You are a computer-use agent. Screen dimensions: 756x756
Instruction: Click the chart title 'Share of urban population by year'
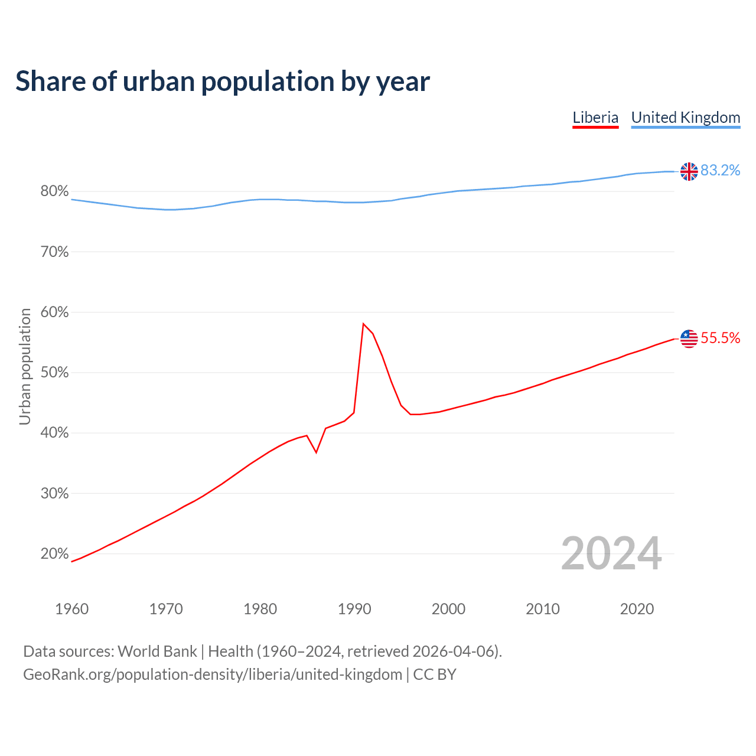point(223,82)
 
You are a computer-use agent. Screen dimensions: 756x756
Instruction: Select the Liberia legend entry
point(595,118)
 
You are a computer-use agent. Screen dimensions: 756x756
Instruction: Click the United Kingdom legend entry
point(686,118)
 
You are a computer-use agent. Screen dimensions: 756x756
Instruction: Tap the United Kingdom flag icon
point(689,171)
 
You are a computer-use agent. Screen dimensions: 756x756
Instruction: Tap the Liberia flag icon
point(689,338)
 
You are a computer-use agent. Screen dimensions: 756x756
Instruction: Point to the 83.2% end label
point(721,171)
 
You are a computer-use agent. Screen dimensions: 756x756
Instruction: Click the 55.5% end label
point(721,338)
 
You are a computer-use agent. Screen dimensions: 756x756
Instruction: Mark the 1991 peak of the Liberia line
point(363,324)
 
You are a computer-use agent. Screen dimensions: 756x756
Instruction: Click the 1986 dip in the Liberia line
point(317,452)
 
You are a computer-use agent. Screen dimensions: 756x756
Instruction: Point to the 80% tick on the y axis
point(54,191)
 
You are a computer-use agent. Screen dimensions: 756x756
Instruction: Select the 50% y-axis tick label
point(54,373)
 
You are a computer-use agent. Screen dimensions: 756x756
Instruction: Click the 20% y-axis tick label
point(54,554)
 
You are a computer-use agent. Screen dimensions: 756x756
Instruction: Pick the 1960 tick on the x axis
point(71,609)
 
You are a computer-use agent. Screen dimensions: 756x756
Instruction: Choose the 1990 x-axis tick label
point(354,609)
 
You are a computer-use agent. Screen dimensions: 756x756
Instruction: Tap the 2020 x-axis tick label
point(637,609)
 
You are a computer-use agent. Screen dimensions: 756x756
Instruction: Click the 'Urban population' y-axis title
point(25,366)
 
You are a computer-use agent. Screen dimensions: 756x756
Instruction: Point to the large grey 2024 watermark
point(611,553)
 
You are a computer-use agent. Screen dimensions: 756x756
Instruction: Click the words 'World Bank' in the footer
point(157,651)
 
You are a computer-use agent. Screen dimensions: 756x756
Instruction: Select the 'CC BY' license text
point(435,674)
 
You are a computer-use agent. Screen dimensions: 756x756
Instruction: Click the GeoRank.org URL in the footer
point(213,674)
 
